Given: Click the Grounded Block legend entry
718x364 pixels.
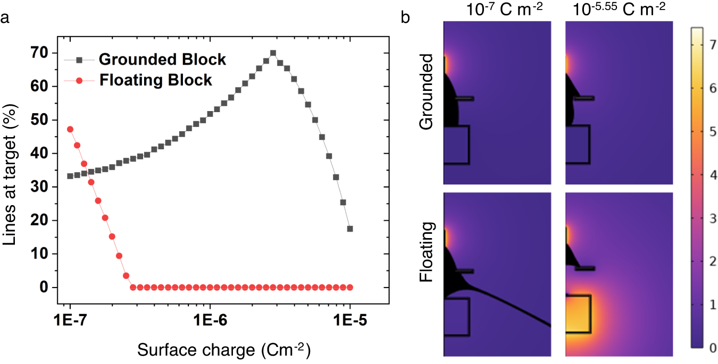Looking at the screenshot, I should point(162,59).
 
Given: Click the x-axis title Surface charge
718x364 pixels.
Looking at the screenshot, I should point(224,351).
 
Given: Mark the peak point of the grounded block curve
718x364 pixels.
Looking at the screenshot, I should point(273,53).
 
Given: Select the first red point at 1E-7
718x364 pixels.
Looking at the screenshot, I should point(70,129).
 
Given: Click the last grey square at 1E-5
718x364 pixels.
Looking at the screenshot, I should point(350,228).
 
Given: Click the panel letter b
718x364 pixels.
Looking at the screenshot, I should point(405,18).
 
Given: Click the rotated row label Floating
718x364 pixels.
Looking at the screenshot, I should point(427,253).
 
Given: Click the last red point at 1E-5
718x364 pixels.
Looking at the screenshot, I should point(350,287).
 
